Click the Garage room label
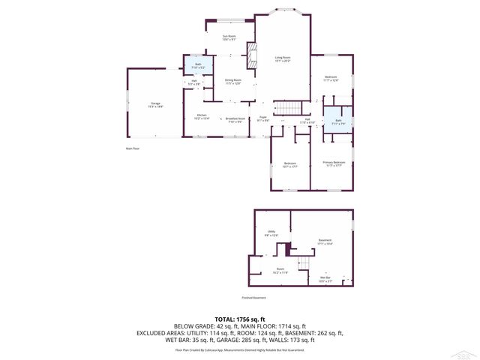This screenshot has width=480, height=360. [x=156, y=105]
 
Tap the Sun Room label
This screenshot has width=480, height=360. [x=229, y=38]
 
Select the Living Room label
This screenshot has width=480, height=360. [x=282, y=59]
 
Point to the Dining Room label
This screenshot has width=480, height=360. [x=232, y=82]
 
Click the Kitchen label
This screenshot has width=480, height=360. [x=202, y=116]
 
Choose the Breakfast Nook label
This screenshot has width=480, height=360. [x=235, y=119]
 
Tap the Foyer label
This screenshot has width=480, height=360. [x=263, y=118]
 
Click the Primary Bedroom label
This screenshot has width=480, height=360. [x=334, y=163]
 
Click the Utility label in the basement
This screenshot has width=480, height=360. [x=271, y=233]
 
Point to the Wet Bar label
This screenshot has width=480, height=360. [x=325, y=279]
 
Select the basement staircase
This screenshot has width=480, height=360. [x=304, y=263]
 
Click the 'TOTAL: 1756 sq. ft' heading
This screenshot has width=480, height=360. [x=239, y=319]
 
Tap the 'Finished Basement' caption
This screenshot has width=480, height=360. [x=255, y=297]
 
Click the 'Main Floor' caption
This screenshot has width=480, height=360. [x=133, y=148]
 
